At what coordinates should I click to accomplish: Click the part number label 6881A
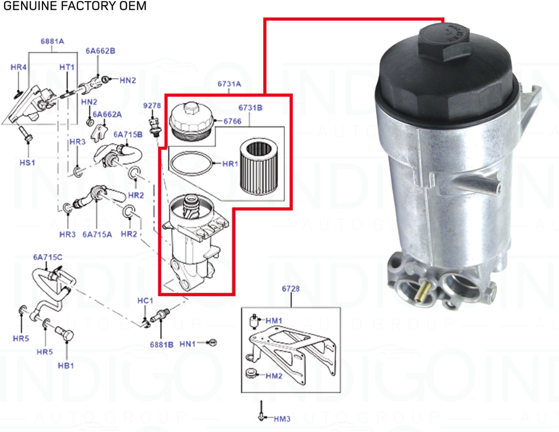tap(52, 41)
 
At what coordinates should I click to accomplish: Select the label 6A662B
tap(100, 51)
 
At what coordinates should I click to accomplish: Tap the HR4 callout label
tap(19, 68)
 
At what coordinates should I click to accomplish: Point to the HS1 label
tap(27, 162)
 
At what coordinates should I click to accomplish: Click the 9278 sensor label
tap(152, 105)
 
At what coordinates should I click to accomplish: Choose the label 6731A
tap(229, 84)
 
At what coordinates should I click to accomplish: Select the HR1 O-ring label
tap(231, 164)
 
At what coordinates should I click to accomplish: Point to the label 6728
tap(291, 289)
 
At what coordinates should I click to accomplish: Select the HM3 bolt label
tap(282, 419)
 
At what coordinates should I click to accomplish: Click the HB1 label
tap(66, 365)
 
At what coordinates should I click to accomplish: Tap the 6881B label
tap(161, 345)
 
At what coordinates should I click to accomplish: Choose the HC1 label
tap(145, 300)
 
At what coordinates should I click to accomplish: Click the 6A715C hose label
tap(48, 257)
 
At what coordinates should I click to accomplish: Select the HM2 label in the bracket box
tap(274, 376)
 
